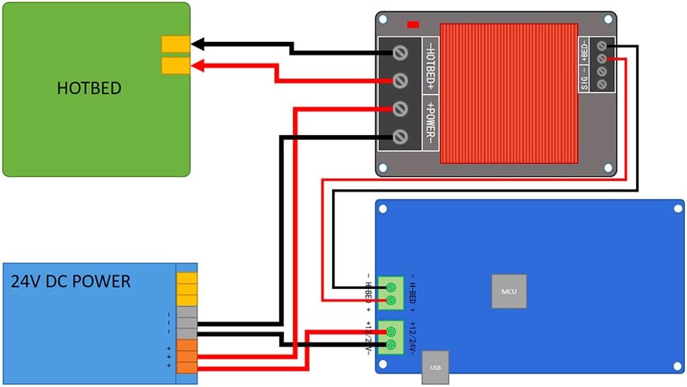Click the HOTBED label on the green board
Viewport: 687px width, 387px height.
[x=89, y=89]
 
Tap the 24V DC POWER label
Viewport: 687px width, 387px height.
[x=70, y=281]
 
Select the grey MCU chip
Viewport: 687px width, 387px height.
[x=509, y=291]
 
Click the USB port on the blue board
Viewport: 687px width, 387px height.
[x=435, y=368]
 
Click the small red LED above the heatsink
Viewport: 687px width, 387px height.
[x=413, y=25]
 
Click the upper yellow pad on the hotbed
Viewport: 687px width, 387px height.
[x=175, y=44]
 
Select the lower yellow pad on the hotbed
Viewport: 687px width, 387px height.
[x=175, y=66]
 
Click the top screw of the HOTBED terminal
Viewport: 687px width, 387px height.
[x=400, y=52]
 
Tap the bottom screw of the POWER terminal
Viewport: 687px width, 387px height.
[x=400, y=136]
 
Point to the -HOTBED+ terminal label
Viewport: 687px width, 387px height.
[x=430, y=65]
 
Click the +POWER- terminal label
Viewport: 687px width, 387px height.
[x=430, y=122]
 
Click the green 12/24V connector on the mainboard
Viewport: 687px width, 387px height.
[x=390, y=337]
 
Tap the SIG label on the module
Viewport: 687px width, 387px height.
[x=585, y=77]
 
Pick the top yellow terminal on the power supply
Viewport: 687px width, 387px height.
[x=187, y=279]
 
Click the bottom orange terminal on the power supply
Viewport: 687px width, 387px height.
[x=187, y=366]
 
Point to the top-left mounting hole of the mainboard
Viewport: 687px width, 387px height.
[x=383, y=209]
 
